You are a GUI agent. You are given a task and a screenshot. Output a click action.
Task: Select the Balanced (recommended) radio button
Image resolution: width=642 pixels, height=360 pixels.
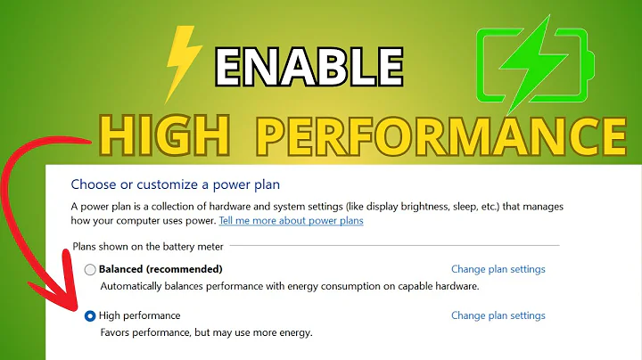(x=90, y=269)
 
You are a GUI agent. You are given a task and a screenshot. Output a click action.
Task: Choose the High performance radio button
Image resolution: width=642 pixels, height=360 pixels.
(x=90, y=316)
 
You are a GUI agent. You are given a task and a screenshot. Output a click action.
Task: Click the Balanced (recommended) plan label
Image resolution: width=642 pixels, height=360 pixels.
(x=160, y=269)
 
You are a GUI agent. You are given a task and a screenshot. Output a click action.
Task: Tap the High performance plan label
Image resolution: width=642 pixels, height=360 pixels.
(x=139, y=315)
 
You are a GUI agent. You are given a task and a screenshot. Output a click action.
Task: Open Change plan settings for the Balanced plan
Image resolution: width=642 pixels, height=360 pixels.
(x=498, y=269)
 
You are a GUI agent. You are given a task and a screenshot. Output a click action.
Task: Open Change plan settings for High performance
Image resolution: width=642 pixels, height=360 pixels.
(x=498, y=315)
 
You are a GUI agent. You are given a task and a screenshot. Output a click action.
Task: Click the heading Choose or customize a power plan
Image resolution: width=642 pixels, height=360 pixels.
(x=176, y=185)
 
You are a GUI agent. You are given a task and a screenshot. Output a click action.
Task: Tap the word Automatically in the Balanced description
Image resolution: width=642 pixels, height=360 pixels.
(x=134, y=287)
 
